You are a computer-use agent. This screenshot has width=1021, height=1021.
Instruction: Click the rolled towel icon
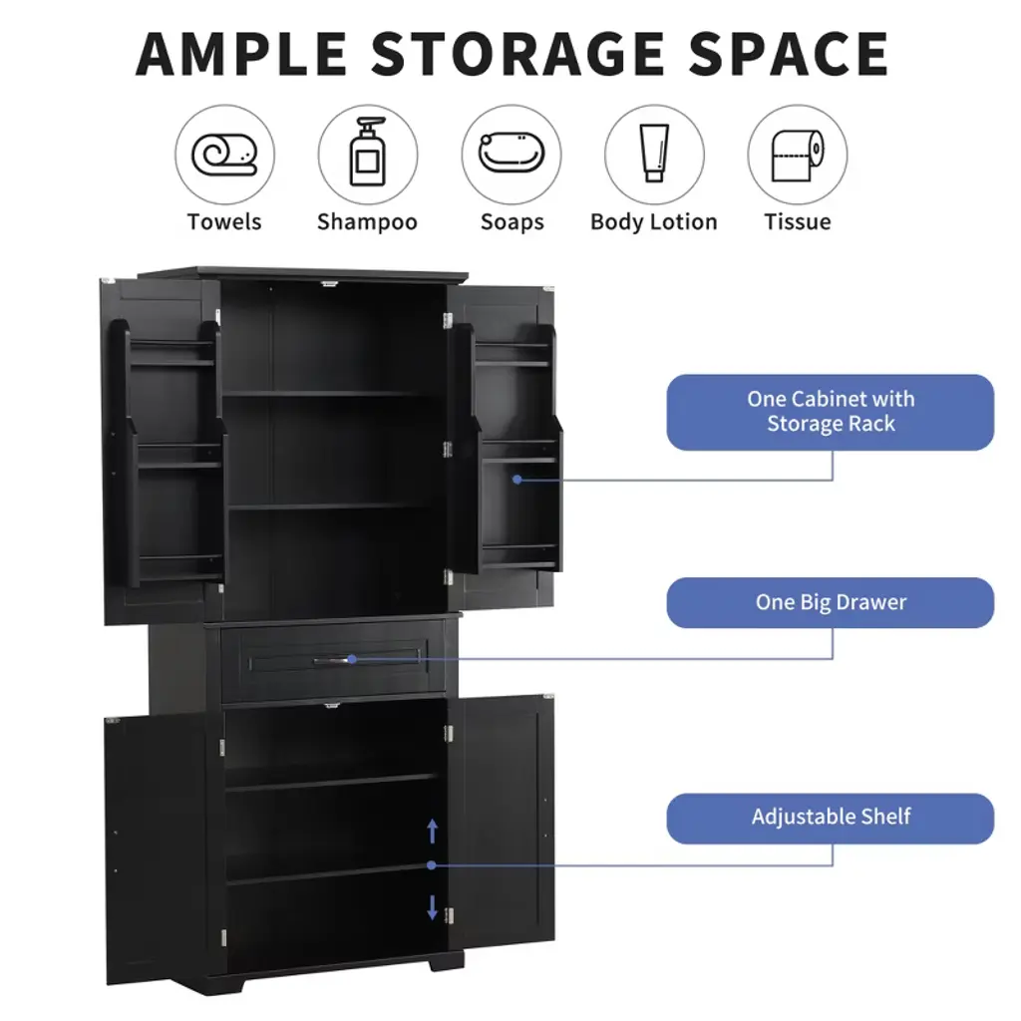tap(224, 155)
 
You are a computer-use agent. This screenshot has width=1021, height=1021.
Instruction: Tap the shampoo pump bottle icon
tap(368, 152)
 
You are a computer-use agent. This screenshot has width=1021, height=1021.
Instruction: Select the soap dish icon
tap(511, 153)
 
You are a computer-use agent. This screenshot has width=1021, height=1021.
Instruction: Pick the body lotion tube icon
tap(654, 153)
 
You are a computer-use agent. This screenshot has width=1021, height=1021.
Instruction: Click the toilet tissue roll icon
tap(798, 155)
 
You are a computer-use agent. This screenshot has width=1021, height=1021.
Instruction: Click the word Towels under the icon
tap(224, 222)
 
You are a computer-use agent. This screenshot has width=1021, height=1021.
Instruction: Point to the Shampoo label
tap(367, 222)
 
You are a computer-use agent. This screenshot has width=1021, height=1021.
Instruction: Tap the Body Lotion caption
tap(654, 222)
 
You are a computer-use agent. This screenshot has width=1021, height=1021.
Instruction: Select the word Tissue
tap(798, 222)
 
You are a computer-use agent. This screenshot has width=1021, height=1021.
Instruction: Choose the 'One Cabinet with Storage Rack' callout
tap(831, 412)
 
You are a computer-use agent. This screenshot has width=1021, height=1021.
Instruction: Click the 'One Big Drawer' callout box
tap(831, 602)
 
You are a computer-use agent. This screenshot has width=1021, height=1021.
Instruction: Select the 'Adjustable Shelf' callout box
tap(831, 818)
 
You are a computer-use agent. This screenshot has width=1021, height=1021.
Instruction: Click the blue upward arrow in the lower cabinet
tap(432, 831)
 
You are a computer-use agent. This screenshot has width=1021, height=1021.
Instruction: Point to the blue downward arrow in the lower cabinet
tap(432, 907)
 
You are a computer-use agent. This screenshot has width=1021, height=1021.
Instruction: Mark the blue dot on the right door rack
tap(517, 480)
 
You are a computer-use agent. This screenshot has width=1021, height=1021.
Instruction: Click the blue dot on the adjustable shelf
tap(431, 864)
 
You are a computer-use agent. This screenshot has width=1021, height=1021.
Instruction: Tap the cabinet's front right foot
tap(446, 962)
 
